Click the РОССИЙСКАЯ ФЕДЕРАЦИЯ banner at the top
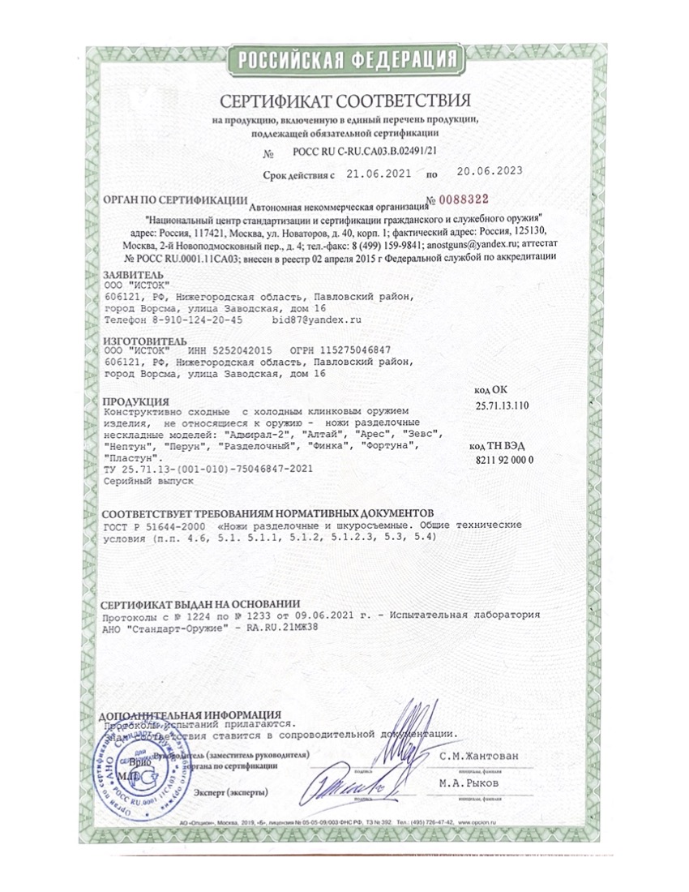coord(344,60)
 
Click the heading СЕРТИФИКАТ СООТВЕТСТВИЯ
coord(344,101)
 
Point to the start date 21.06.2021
coord(379,173)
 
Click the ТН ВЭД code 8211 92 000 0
coord(503,459)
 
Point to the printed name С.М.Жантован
coord(479,756)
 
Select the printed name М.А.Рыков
coord(470,784)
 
